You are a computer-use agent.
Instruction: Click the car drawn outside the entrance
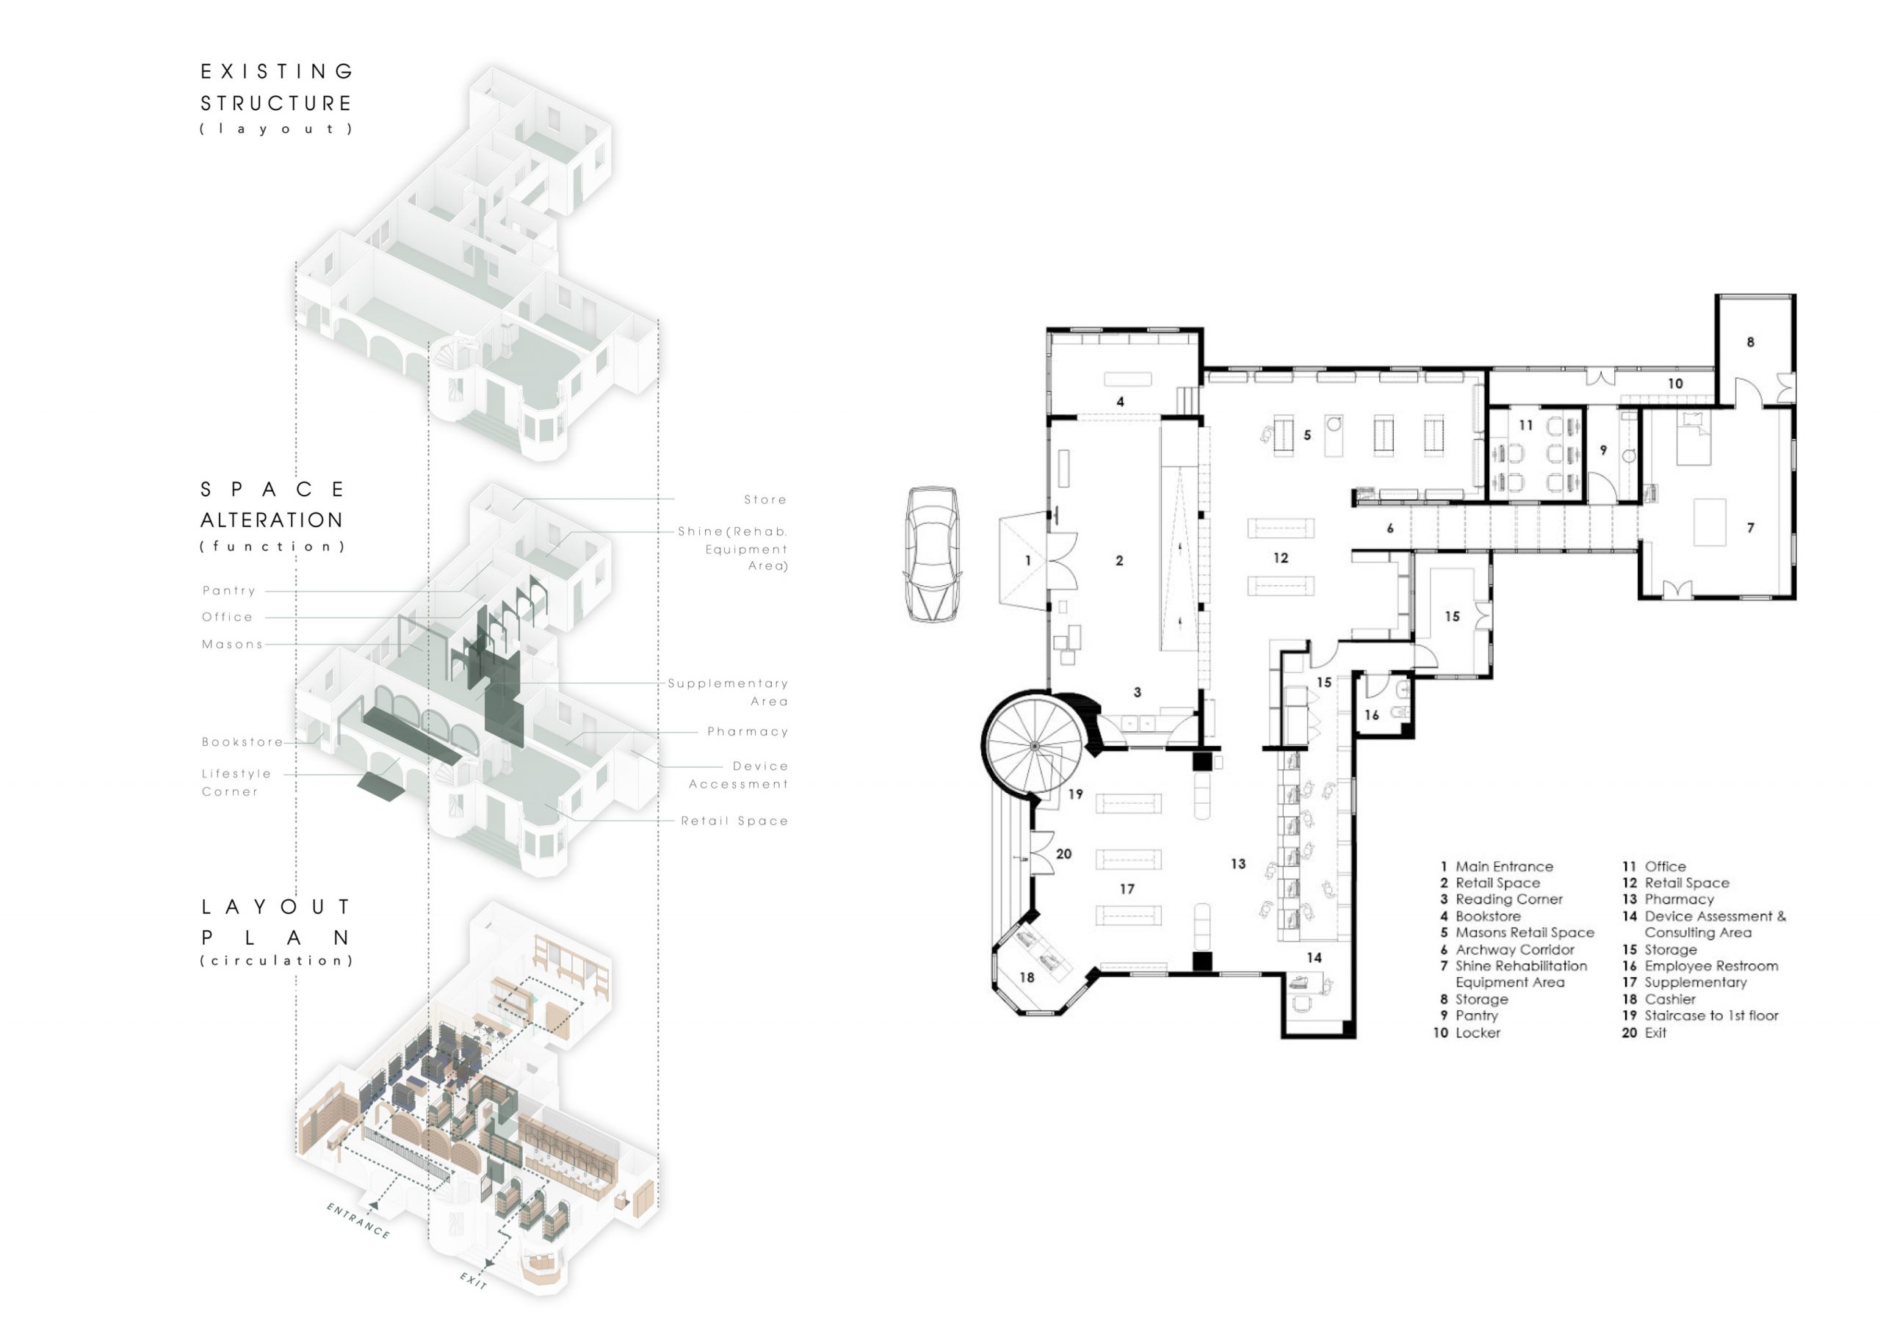pos(933,554)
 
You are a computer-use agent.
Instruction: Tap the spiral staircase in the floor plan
pos(1035,745)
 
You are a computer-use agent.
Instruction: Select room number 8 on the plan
pos(1749,342)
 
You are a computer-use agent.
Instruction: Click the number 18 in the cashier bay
pos(1027,978)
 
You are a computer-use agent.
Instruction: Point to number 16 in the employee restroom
pos(1372,715)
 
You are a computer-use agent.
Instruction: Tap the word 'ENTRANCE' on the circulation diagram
pos(358,1221)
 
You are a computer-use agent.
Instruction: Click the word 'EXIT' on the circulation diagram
pos(474,1280)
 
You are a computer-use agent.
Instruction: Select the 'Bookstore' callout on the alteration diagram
pos(242,742)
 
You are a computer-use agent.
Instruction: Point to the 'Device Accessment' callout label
pos(739,775)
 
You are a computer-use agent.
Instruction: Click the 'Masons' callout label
pos(232,645)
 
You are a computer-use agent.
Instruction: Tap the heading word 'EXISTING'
pos(277,72)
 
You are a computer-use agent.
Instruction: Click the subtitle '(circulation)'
pos(277,960)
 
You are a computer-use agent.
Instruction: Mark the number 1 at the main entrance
pos(1028,560)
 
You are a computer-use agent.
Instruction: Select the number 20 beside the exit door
pos(1063,854)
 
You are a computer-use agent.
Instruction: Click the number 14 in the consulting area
pos(1314,958)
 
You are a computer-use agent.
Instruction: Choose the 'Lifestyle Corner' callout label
pos(236,783)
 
